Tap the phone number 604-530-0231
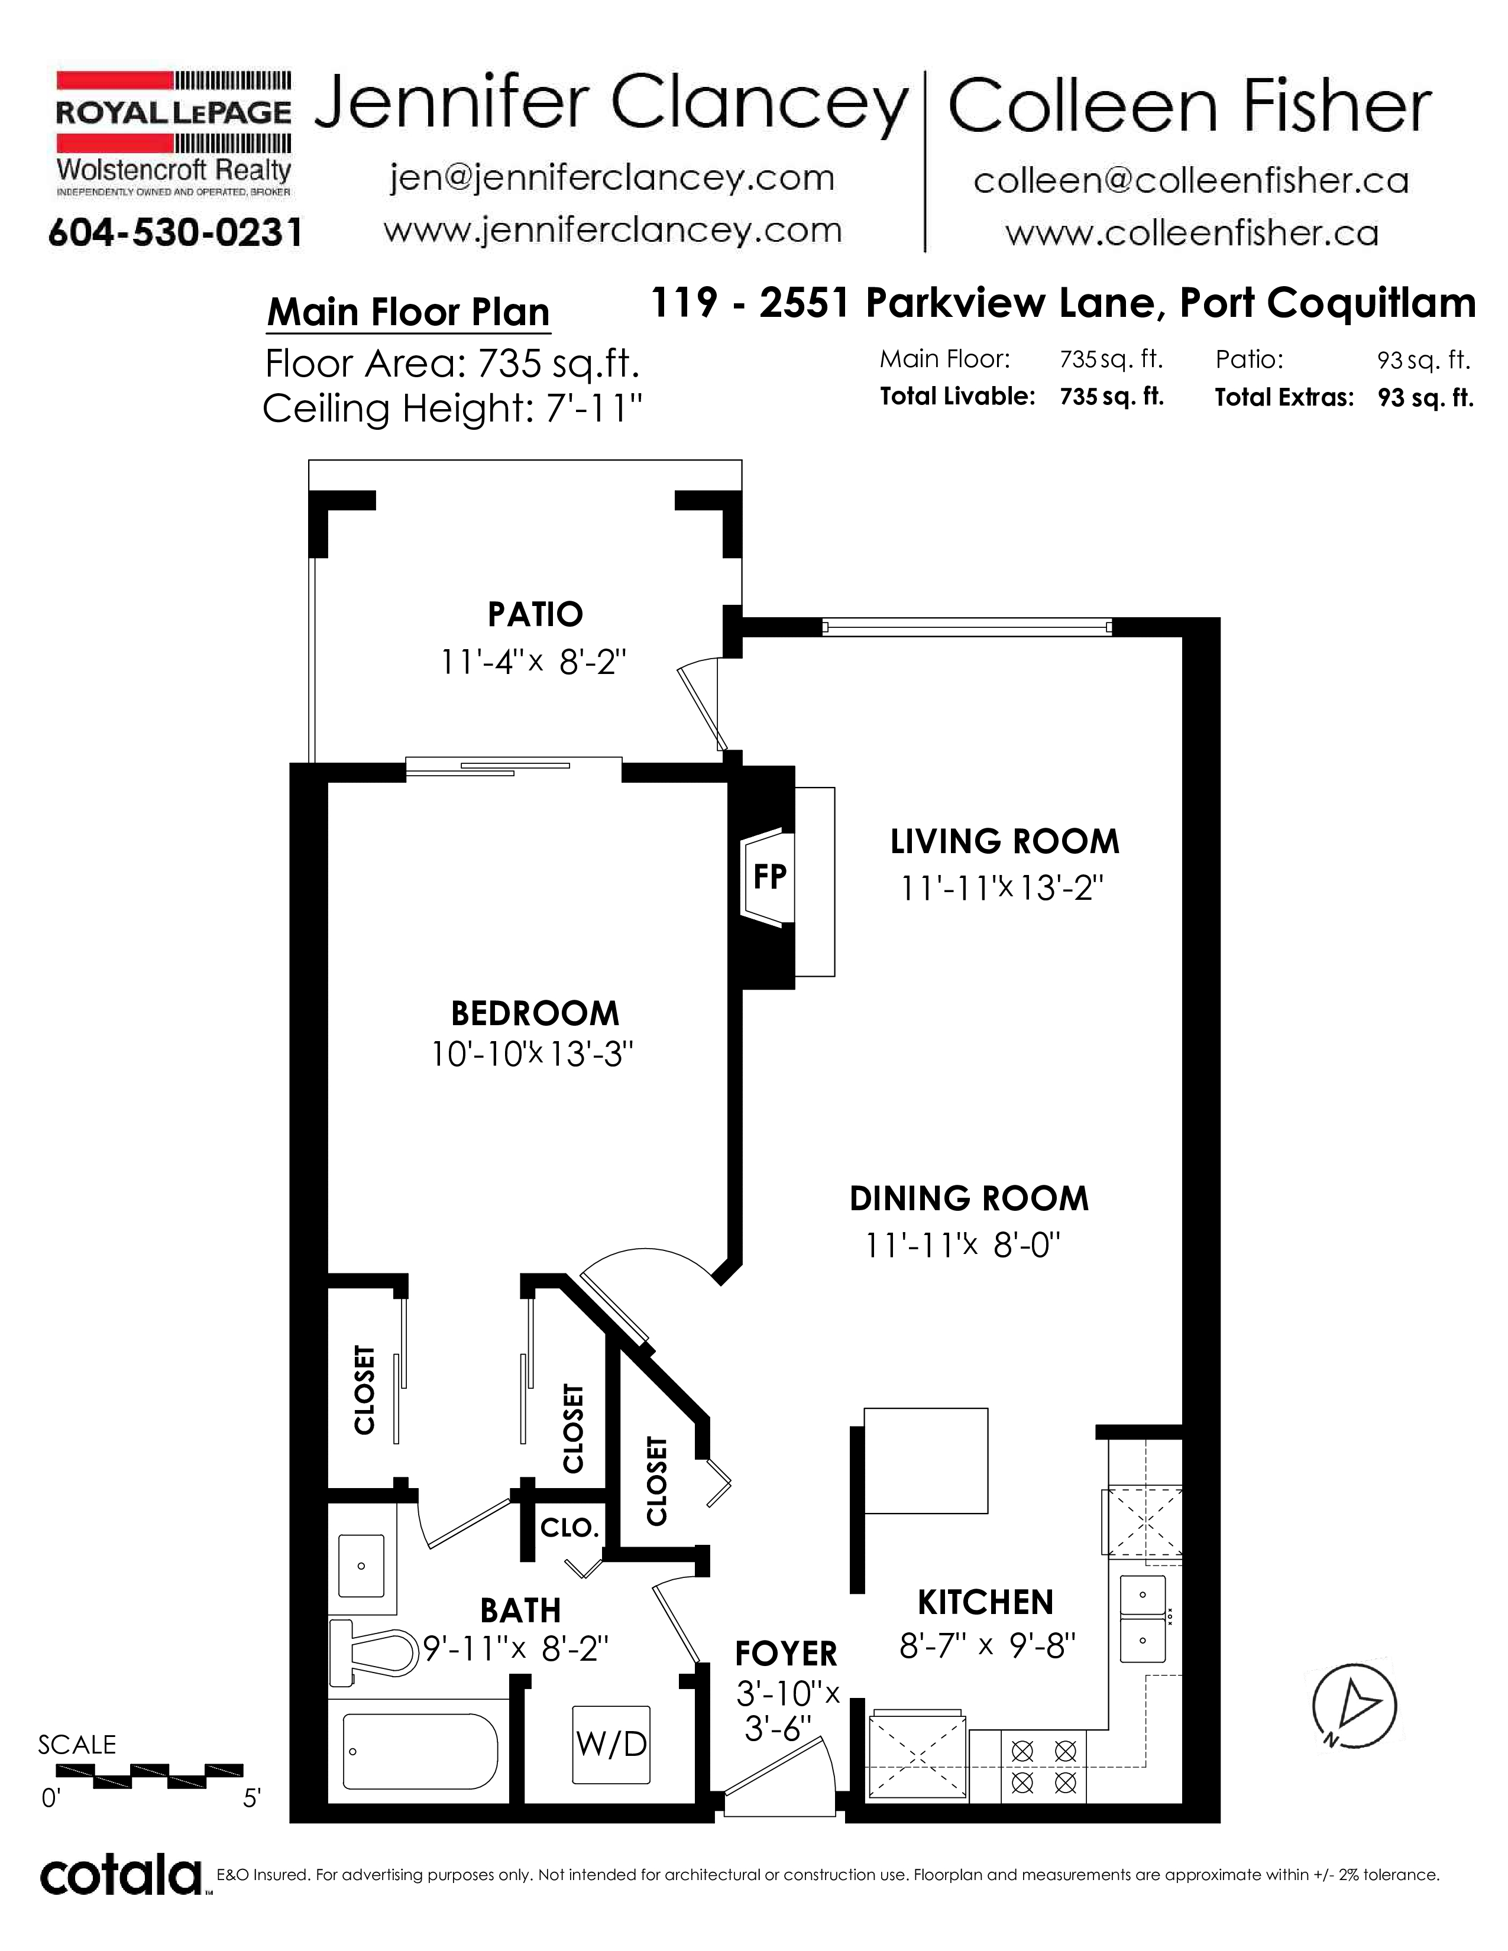pos(175,233)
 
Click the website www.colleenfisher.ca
pos(1192,233)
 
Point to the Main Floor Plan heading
pos(408,313)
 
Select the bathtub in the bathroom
pos(420,1751)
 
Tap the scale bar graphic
pos(149,1775)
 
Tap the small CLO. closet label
pos(569,1528)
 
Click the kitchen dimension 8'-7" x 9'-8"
pos(987,1645)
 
